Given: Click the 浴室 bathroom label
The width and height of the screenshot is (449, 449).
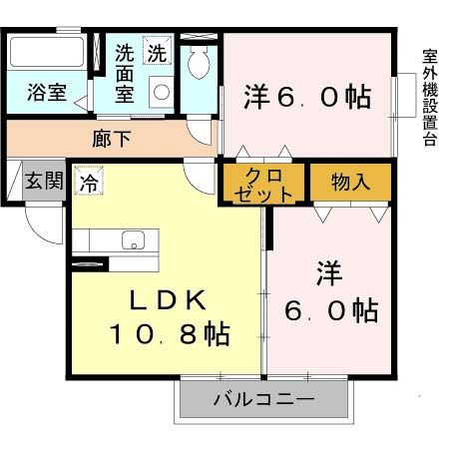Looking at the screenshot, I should coord(46,94).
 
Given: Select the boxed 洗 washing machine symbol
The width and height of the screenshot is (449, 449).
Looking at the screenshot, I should coord(158,51).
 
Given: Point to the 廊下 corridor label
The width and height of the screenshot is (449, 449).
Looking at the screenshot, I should coord(111,139).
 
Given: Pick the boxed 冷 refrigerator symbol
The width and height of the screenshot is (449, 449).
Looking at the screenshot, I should coord(89,183).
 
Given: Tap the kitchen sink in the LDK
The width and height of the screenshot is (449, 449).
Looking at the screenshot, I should coord(133,239).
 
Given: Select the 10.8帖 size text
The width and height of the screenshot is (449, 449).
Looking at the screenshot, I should coord(169,332).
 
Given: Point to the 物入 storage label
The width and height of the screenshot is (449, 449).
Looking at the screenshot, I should coord(350,182).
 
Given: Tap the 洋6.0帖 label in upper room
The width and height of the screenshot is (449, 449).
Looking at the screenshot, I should coord(307,97).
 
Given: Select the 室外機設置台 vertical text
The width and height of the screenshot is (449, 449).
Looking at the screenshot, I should coord(429,97).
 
